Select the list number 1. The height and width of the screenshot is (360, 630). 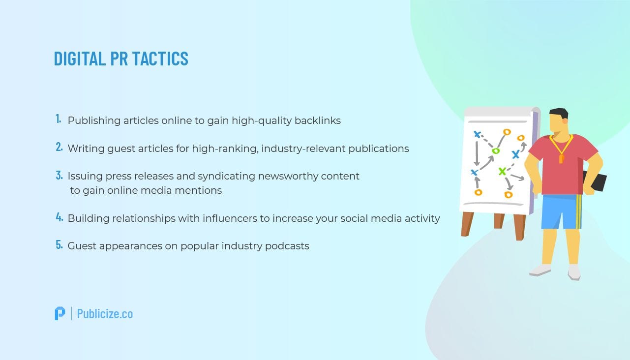[58, 119]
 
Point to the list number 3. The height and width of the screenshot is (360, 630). [59, 175]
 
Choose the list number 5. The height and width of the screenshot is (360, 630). [59, 245]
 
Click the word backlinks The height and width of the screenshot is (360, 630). [317, 120]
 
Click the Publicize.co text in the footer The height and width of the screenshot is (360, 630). [105, 314]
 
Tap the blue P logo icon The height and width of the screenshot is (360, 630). [60, 313]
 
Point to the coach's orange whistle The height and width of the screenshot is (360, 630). [561, 158]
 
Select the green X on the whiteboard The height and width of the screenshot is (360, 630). [502, 171]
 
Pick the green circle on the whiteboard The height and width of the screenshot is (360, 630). [496, 150]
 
